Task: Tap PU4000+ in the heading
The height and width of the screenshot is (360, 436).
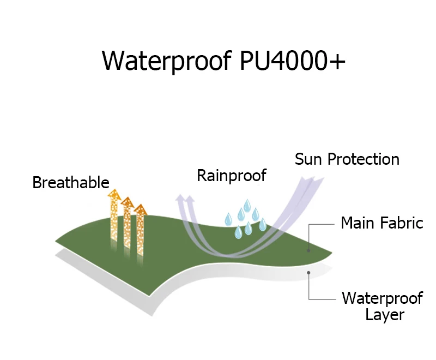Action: tap(292, 61)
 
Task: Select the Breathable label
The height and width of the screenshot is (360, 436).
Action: tap(71, 183)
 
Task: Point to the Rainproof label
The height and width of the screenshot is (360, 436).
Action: tap(232, 175)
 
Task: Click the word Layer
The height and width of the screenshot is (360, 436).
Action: tap(385, 315)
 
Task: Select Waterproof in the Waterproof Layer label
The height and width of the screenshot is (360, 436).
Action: tap(382, 298)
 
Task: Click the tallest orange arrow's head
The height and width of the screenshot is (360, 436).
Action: tap(114, 194)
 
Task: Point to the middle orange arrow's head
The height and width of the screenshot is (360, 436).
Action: tap(128, 202)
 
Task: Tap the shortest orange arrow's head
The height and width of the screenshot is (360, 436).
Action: tap(141, 209)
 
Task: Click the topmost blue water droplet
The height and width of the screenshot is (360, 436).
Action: tap(247, 206)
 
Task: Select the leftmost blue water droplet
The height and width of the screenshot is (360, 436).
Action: tap(228, 219)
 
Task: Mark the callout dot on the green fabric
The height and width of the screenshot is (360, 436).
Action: tap(309, 250)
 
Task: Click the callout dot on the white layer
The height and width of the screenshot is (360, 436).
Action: tap(309, 272)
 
